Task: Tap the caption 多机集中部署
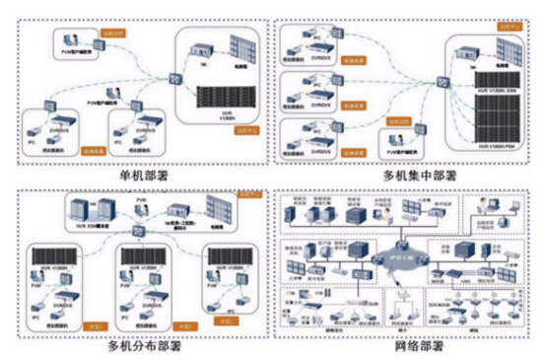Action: [408, 176]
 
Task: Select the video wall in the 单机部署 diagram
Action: [240, 48]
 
